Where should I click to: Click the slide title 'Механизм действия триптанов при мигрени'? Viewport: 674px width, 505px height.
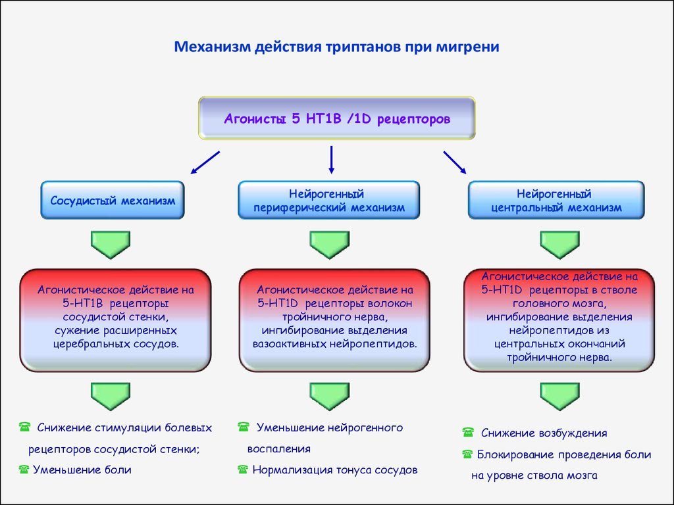point(336,47)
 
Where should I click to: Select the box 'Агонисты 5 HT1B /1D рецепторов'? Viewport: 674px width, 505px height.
point(337,119)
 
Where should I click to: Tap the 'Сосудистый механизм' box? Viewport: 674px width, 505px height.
point(113,201)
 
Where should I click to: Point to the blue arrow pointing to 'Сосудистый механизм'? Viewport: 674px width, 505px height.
point(205,162)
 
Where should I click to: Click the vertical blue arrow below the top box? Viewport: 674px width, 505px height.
point(331,160)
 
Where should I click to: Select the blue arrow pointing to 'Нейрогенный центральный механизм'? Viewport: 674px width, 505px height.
point(454,162)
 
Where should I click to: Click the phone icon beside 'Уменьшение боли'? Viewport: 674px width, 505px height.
point(24,469)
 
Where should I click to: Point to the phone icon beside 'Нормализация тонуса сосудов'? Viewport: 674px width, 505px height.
point(243,469)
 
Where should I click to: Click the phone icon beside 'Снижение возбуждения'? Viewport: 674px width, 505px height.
point(468,433)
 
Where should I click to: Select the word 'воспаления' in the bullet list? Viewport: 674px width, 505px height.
point(278,449)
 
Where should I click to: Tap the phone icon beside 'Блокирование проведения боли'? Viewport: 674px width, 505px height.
point(468,454)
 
